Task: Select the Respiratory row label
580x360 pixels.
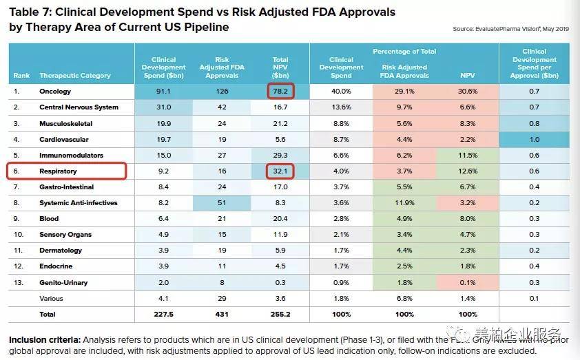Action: (59, 171)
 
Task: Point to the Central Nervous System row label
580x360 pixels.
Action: (79, 107)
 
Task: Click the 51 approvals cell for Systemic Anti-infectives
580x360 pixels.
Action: (222, 202)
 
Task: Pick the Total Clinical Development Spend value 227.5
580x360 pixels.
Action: (163, 314)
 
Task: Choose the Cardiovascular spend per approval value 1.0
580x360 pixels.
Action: (534, 139)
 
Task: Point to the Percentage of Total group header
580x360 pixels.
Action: (405, 52)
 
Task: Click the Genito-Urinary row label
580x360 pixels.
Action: (64, 282)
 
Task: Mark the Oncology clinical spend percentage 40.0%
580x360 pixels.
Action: (341, 91)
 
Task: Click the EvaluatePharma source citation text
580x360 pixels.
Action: (510, 29)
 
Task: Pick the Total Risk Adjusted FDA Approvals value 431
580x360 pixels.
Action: (222, 314)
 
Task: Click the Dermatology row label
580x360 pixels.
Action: (61, 251)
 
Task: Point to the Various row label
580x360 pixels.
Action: (51, 298)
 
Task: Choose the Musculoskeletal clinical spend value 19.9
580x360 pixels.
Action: (163, 123)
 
